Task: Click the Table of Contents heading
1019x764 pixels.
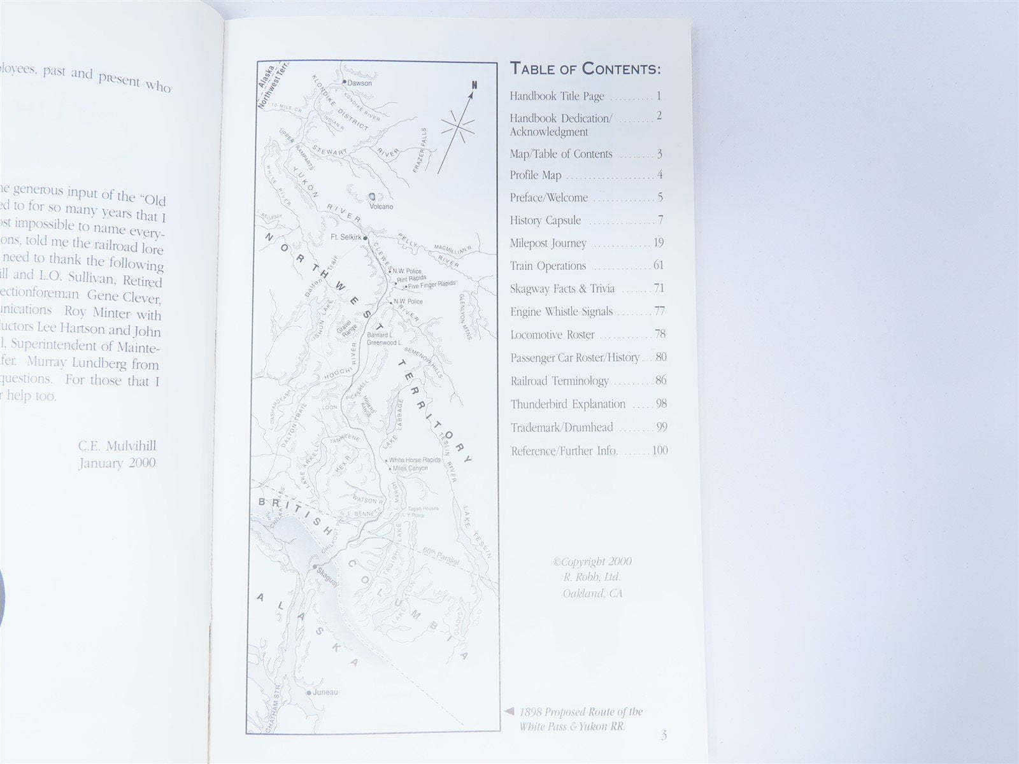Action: click(x=585, y=69)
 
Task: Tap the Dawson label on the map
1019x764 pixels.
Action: click(x=360, y=83)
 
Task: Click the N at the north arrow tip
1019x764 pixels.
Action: click(x=474, y=85)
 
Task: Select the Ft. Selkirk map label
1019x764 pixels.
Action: click(x=346, y=237)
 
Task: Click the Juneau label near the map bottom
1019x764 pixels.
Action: click(x=325, y=692)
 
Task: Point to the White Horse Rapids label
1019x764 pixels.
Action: click(x=415, y=460)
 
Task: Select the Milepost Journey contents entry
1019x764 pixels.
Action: click(x=548, y=243)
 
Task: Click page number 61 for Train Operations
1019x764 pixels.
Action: click(x=659, y=265)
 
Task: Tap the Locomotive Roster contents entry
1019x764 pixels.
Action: click(x=552, y=335)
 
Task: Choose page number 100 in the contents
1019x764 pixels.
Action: click(x=660, y=451)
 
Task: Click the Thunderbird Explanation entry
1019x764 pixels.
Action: click(x=568, y=404)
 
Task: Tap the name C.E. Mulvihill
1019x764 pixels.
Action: click(x=117, y=446)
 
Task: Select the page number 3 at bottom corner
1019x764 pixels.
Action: click(x=664, y=735)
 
